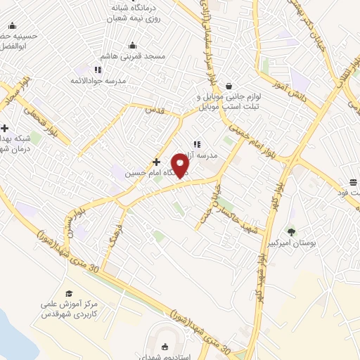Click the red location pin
point(181,165)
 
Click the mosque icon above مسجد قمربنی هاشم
point(134,45)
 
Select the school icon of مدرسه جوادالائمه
point(98,70)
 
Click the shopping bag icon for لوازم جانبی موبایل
point(229,86)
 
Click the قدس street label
point(155,110)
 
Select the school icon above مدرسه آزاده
point(196,144)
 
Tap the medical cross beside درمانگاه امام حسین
point(156,161)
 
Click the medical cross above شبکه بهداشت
point(5,128)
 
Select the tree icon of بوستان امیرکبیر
point(291,231)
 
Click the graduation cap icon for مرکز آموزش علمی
point(69,293)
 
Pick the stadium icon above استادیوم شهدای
point(165,346)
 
